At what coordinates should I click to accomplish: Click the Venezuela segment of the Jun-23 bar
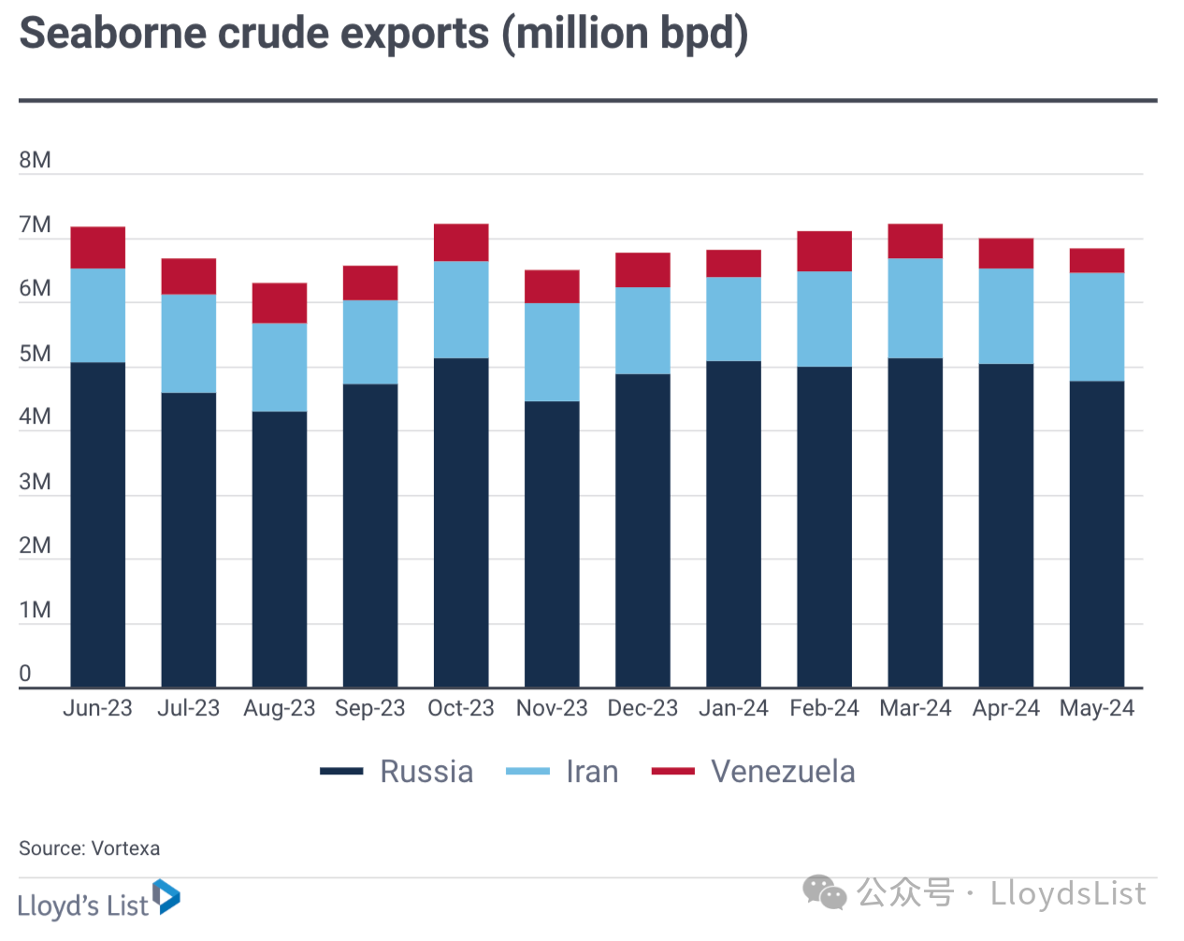click(97, 247)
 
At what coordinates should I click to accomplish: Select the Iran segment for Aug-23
click(280, 367)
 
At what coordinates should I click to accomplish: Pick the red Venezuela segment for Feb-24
click(824, 251)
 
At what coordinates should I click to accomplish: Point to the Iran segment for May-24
click(1097, 326)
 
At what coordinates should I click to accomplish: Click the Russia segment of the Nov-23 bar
click(552, 543)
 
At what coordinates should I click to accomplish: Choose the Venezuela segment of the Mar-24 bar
click(916, 240)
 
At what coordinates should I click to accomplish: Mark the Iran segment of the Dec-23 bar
click(643, 330)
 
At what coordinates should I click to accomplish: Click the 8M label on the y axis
click(35, 160)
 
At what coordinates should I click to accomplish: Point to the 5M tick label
click(35, 354)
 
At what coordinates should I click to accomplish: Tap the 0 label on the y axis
click(25, 673)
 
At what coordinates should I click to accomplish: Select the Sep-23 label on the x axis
click(370, 708)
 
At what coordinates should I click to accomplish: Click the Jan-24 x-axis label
click(733, 708)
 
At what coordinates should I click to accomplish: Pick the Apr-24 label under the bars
click(1006, 708)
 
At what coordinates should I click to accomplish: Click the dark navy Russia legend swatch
click(341, 772)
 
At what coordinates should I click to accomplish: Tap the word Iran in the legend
click(592, 772)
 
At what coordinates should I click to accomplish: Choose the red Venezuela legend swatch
click(673, 772)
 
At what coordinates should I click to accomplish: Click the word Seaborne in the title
click(112, 34)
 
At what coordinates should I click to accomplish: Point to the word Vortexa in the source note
click(125, 848)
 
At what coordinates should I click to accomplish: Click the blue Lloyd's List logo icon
click(166, 896)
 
